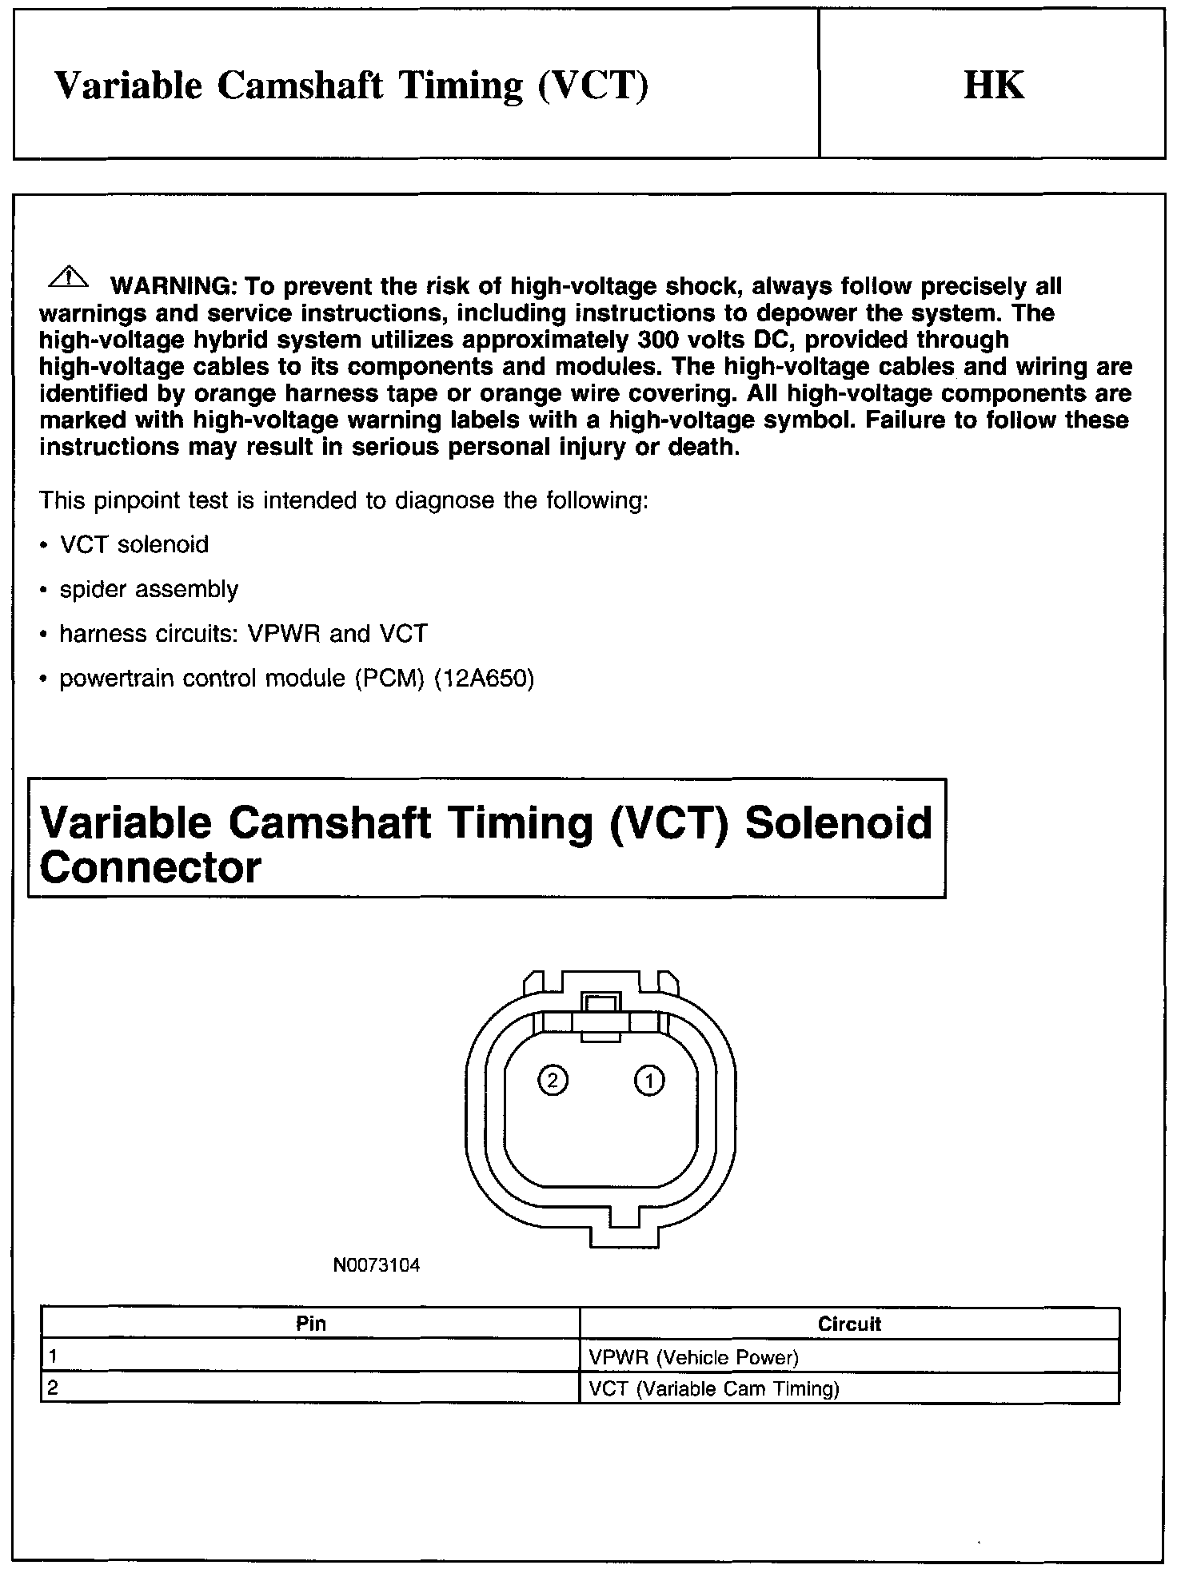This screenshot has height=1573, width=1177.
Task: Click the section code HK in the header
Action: tap(993, 85)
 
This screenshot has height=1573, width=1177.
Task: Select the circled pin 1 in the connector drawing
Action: tap(648, 1081)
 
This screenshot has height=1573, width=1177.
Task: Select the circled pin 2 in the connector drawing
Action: tap(553, 1081)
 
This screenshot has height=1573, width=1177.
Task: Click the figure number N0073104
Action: tap(376, 1265)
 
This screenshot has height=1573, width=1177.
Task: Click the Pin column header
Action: tap(310, 1324)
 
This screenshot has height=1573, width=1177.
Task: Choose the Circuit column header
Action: tap(849, 1324)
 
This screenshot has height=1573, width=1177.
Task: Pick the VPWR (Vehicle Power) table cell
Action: tap(693, 1356)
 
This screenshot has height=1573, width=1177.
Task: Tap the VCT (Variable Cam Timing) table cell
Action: tap(713, 1388)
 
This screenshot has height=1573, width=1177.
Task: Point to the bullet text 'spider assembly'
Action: tap(149, 590)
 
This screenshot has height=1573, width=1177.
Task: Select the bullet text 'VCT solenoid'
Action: tap(134, 545)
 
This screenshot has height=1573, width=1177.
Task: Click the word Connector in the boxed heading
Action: tap(150, 867)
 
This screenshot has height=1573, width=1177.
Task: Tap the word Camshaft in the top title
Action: tap(300, 86)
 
